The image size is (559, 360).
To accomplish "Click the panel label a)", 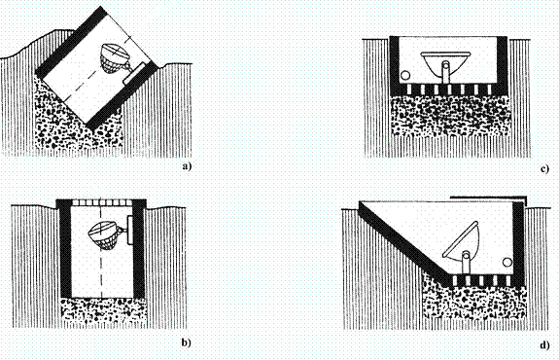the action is [187, 166].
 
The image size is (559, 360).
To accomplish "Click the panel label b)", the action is [187, 343].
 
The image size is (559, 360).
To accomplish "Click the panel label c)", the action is [544, 168].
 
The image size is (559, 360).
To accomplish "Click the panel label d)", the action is [544, 345].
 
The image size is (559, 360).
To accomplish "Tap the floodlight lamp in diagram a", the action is [115, 58].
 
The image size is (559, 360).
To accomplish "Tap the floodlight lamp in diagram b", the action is [104, 234].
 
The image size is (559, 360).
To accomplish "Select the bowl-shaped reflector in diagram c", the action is [445, 63].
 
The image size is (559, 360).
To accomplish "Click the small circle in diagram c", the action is [405, 76].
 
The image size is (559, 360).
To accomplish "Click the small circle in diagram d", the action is [507, 263].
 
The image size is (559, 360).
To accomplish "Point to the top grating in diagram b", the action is [101, 202].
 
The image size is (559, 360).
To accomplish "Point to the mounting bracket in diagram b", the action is [130, 231].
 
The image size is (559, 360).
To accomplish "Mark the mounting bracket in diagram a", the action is [135, 73].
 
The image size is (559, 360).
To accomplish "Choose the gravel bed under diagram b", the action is [103, 313].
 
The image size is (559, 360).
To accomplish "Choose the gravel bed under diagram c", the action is [450, 115].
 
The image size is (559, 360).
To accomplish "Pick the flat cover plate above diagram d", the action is [488, 197].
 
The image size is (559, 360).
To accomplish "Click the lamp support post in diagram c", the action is [445, 72].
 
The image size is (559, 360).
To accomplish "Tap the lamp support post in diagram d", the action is [466, 263].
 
